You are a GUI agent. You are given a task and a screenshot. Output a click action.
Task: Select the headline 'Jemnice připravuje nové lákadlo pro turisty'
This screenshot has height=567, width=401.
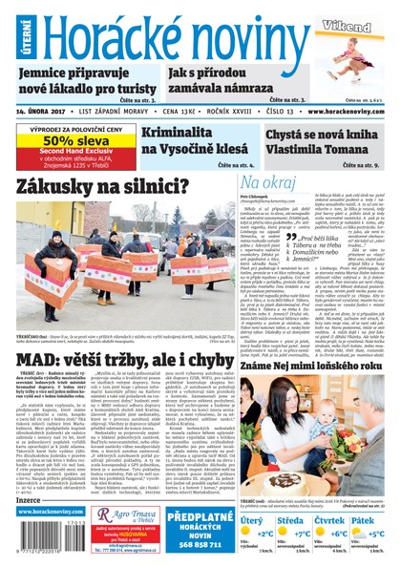pos(79,81)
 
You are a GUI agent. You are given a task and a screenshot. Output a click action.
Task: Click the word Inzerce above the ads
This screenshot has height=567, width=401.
pos(30,497)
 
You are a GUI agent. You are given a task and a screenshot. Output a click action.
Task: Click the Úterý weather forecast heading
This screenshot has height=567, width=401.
pos(253,520)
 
